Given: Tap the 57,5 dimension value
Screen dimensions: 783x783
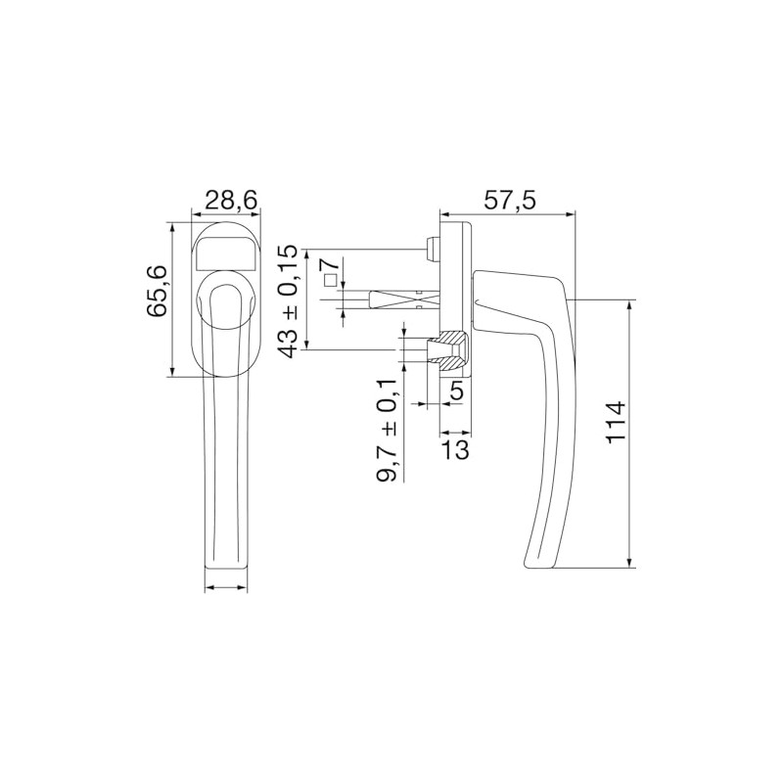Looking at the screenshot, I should tap(510, 200).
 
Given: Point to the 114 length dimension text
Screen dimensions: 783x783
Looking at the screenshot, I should tap(615, 423).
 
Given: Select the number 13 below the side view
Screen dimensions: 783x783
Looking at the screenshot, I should tap(456, 449).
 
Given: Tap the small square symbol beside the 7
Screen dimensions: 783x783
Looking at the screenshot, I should tap(332, 281).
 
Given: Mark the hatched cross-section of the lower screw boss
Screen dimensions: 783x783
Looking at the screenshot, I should tap(451, 349).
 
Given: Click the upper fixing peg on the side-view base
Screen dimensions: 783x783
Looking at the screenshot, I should tap(432, 249).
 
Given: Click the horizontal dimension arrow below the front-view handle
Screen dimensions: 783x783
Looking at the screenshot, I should tap(225, 588).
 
